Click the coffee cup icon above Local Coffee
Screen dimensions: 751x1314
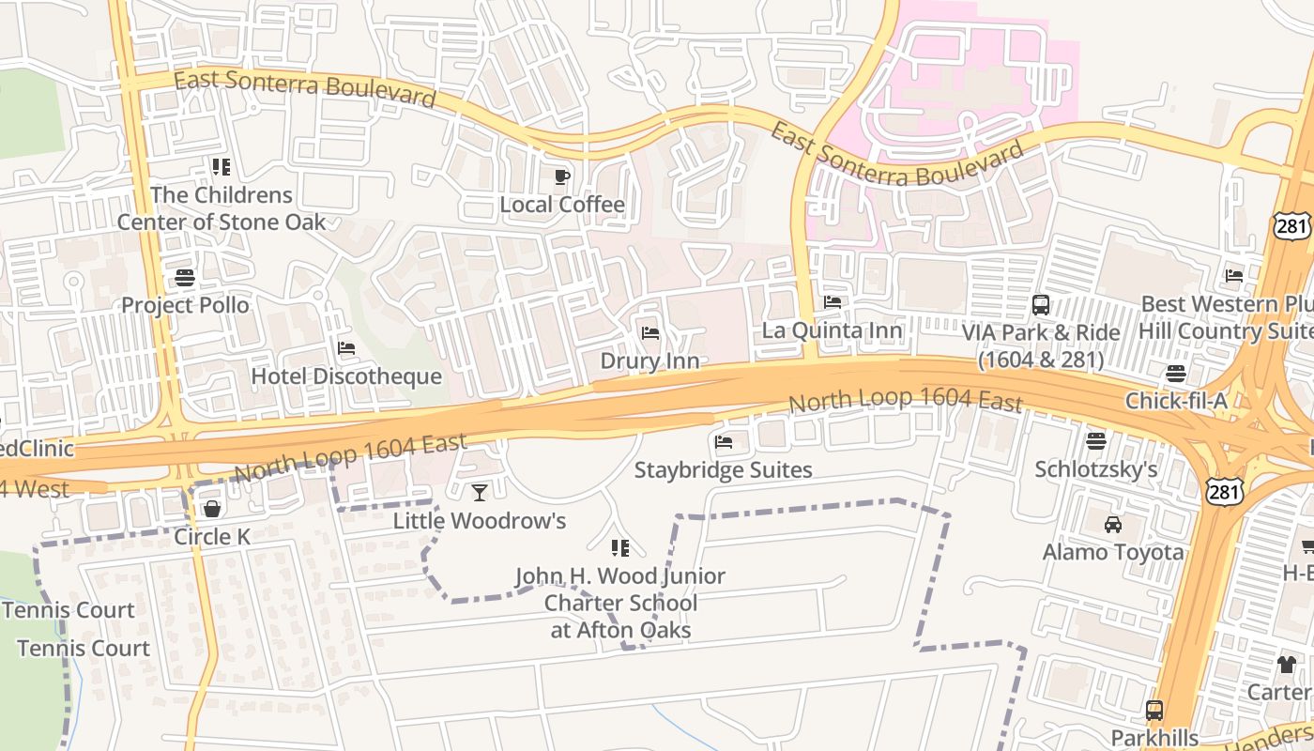[561, 176]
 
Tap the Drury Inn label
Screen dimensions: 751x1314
[649, 361]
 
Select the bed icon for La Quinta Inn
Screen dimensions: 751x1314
[832, 302]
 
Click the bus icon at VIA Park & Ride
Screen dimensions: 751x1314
[1041, 304]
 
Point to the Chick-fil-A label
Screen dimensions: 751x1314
[1176, 402]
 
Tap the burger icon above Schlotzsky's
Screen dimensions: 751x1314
[1095, 441]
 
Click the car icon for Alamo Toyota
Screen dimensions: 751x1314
[1113, 525]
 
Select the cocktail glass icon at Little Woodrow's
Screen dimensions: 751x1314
[480, 493]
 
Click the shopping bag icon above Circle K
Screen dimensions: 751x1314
[212, 509]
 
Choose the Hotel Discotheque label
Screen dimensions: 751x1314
[346, 376]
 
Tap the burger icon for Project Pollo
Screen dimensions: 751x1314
[185, 278]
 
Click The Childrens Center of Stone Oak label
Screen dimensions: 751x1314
[222, 208]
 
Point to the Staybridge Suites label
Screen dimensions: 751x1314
[723, 469]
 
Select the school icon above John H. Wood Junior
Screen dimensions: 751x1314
[619, 547]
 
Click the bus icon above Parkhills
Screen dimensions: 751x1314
[1154, 711]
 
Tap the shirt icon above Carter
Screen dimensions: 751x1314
[1286, 665]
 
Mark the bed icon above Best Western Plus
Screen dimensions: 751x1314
[1234, 276]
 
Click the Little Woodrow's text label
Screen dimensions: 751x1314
[480, 520]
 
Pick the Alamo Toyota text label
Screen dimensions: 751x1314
[1113, 552]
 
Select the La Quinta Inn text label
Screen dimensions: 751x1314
[832, 330]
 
